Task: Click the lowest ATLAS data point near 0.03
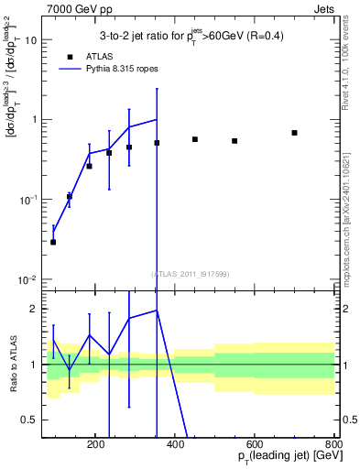click(53, 242)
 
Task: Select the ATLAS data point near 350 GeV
click(157, 143)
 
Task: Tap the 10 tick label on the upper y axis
click(31, 40)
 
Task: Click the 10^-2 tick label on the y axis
click(27, 279)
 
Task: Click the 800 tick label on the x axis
click(334, 444)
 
